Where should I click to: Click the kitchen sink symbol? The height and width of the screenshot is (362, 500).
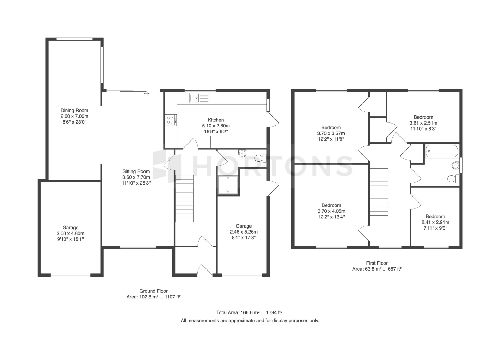tap(199, 98)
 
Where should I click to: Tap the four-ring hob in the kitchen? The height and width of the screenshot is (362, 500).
tap(171, 120)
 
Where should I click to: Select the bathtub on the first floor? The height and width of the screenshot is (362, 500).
tap(442, 151)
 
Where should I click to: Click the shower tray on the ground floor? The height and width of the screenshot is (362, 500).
tap(228, 185)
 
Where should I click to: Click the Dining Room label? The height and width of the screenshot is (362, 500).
tap(74, 111)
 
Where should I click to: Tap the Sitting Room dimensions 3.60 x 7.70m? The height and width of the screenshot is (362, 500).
tap(136, 177)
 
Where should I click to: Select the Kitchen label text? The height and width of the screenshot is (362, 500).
tap(216, 120)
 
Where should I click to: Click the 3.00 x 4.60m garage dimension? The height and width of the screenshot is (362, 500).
tap(71, 234)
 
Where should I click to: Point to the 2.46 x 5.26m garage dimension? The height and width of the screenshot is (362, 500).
tap(244, 232)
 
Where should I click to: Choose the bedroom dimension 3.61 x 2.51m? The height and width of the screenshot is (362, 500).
tap(423, 123)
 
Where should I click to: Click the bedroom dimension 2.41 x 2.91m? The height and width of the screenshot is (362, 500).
tap(435, 222)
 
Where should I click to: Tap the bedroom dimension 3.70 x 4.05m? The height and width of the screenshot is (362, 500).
tap(331, 211)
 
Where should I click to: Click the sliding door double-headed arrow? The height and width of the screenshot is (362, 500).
tap(146, 93)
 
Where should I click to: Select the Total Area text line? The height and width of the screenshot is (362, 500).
tap(249, 312)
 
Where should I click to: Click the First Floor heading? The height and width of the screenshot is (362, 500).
tap(377, 263)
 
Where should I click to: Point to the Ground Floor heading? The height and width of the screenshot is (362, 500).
tap(154, 291)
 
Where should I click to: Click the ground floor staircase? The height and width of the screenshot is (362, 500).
tap(185, 199)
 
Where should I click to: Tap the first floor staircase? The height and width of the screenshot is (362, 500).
tap(379, 192)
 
